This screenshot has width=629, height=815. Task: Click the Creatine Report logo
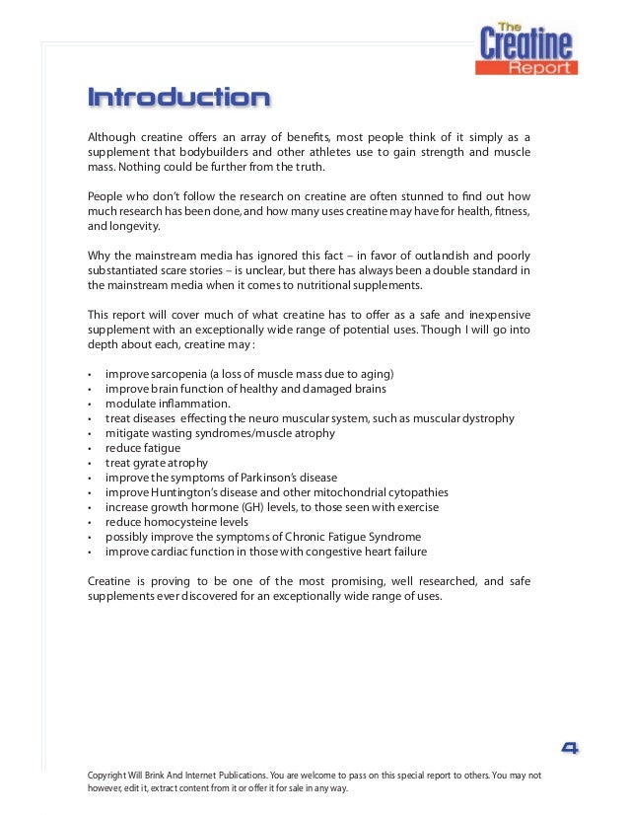[526, 49]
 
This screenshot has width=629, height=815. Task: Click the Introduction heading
[178, 99]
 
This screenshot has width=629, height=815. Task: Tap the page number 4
[569, 747]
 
